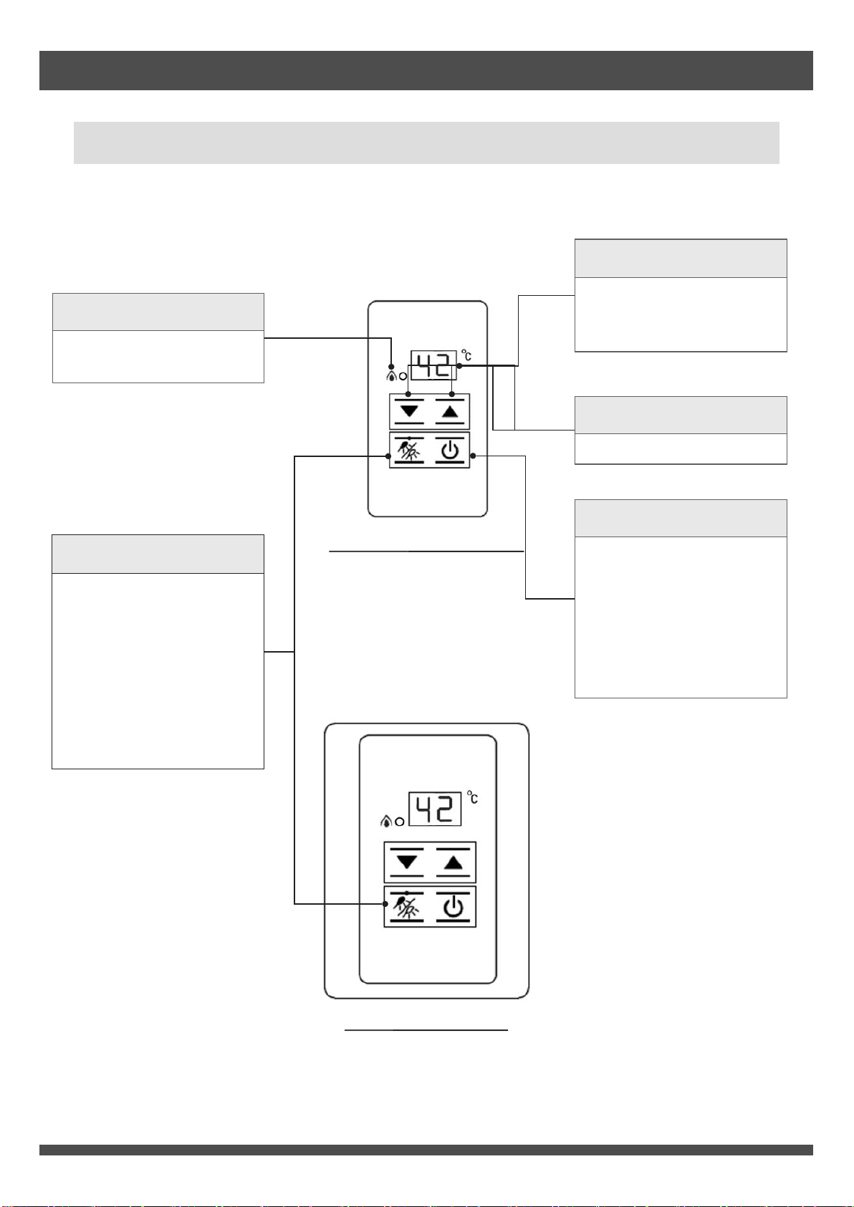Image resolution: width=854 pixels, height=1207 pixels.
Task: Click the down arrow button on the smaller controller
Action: pos(410,412)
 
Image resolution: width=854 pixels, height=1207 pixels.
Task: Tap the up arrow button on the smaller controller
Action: pos(450,412)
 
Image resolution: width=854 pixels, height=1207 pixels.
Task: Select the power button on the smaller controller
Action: pos(450,451)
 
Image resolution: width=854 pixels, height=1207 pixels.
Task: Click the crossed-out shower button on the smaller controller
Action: pos(409,451)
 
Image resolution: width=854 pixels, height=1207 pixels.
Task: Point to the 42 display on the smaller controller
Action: pos(433,365)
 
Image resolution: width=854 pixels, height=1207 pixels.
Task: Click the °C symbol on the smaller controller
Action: pos(466,355)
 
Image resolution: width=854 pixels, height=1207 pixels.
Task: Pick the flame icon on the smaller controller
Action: pos(392,375)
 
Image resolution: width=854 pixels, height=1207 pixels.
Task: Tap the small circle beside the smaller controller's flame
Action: pos(403,376)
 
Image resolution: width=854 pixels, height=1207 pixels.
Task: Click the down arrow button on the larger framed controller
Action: pos(407,862)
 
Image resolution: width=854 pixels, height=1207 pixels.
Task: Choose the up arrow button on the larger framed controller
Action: pos(453,862)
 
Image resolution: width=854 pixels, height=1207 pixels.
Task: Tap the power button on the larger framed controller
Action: pos(453,907)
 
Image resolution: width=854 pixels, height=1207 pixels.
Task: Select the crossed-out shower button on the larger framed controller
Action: pos(407,907)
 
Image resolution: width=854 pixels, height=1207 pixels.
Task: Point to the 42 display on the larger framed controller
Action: pos(435,809)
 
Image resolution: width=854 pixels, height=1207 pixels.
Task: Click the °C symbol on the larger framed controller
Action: pos(473,797)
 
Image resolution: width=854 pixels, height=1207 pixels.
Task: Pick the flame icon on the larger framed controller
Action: pos(385,821)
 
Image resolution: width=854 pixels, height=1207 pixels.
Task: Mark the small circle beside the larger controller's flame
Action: pos(399,822)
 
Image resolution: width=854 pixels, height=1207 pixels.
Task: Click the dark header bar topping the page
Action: pos(426,71)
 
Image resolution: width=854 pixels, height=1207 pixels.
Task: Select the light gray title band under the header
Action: pos(426,143)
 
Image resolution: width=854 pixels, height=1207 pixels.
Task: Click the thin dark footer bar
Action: pos(426,1150)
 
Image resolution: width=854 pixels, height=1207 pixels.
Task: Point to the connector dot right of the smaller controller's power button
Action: pos(473,456)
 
